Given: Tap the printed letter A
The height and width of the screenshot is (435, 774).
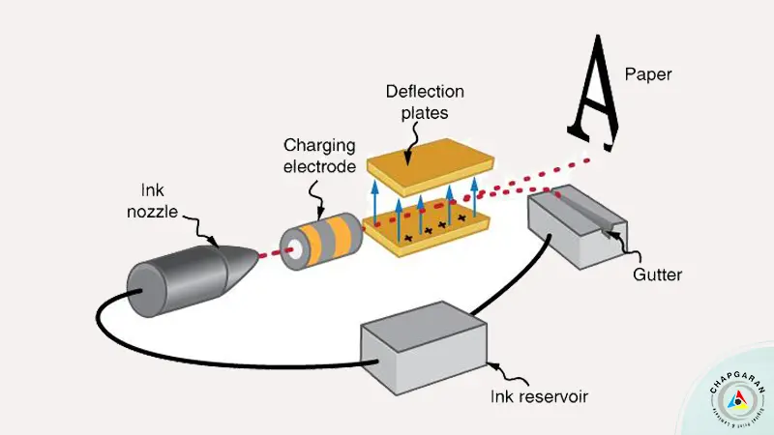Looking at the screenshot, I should tap(592, 92).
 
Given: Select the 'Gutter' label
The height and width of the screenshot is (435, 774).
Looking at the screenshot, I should tap(659, 275).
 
